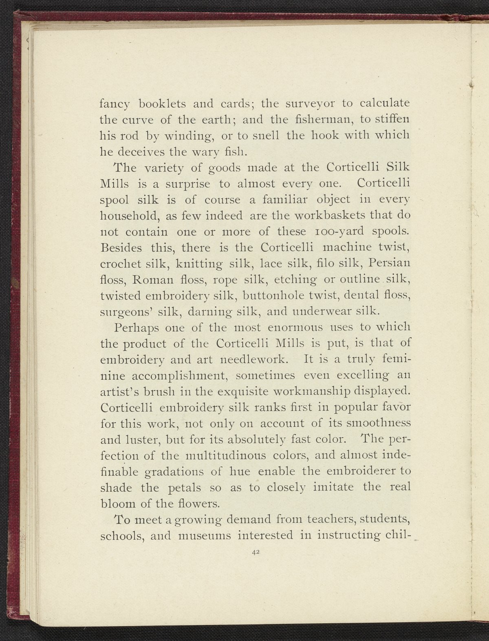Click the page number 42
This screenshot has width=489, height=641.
[256, 552]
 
